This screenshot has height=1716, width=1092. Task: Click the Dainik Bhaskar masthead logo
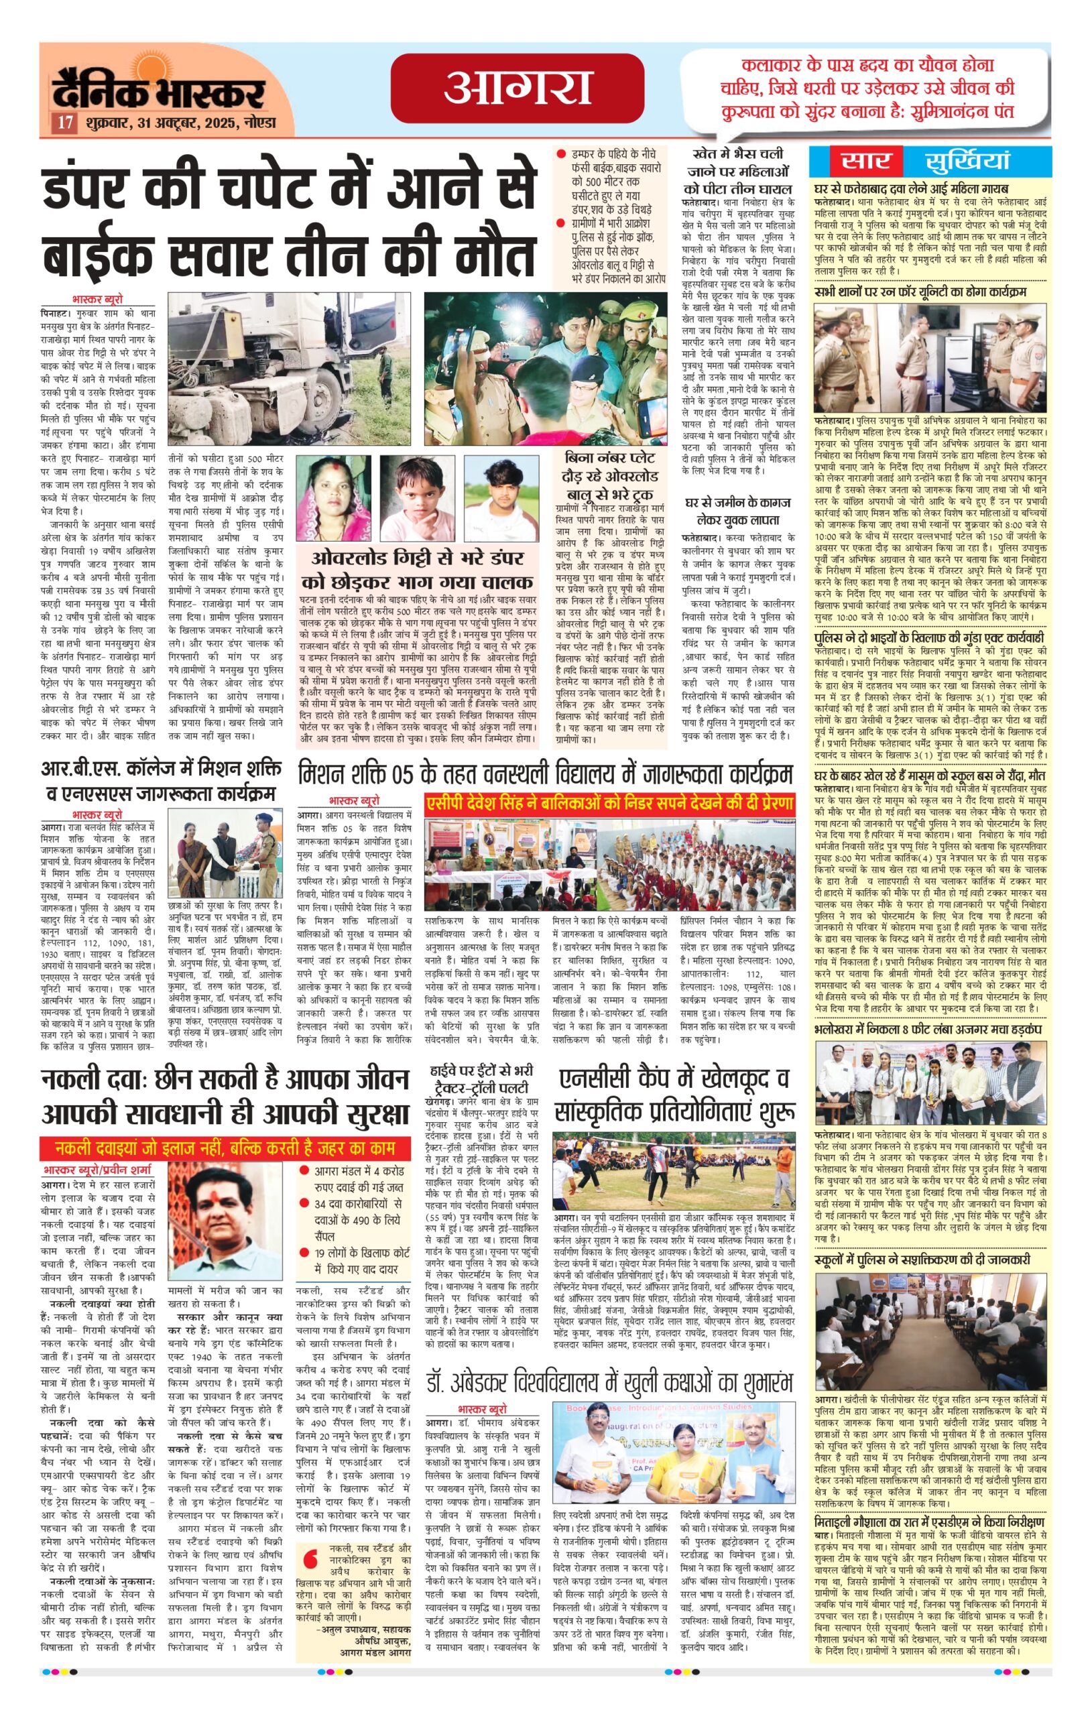(x=158, y=91)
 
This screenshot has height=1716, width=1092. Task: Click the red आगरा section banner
(x=518, y=88)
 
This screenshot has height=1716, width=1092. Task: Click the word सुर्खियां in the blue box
(x=968, y=161)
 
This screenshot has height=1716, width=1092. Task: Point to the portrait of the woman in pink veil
(x=334, y=499)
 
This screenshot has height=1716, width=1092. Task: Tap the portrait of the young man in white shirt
(x=501, y=499)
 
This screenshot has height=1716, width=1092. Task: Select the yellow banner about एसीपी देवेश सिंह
(x=609, y=804)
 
